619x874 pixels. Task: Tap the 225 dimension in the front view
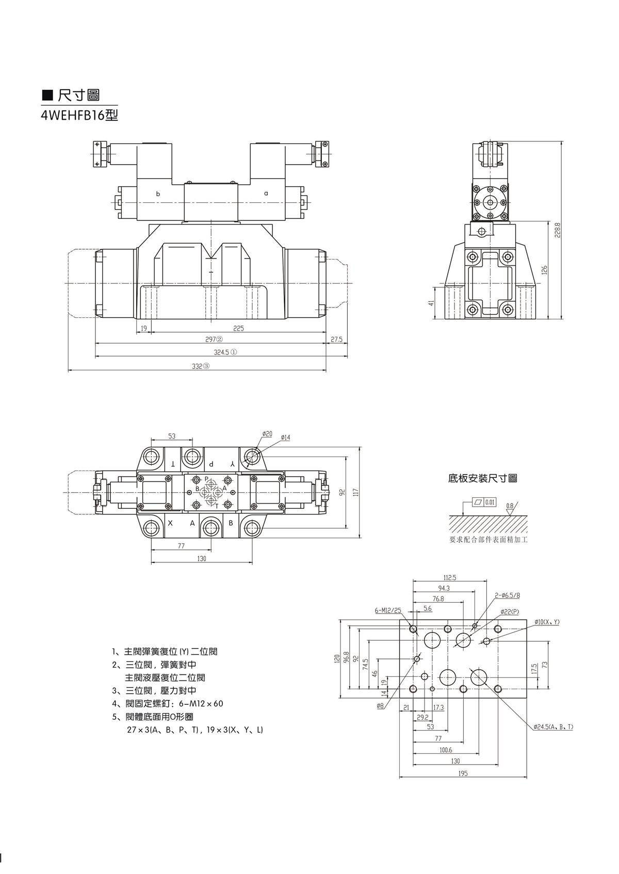(238, 328)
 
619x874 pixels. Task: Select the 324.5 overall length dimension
(225, 352)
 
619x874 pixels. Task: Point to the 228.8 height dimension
(558, 231)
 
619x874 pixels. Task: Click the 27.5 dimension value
(336, 340)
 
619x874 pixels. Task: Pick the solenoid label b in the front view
(158, 194)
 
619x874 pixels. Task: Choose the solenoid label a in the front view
(266, 193)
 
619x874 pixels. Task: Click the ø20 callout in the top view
(267, 434)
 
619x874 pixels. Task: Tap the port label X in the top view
(171, 523)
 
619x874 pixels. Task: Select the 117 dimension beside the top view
(355, 493)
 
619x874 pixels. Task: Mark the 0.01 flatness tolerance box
(490, 501)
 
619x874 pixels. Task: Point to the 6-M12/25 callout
(388, 610)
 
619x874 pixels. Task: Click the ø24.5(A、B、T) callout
(553, 727)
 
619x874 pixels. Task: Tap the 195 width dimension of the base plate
(463, 773)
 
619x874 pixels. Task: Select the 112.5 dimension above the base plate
(450, 578)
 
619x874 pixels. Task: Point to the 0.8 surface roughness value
(510, 506)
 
